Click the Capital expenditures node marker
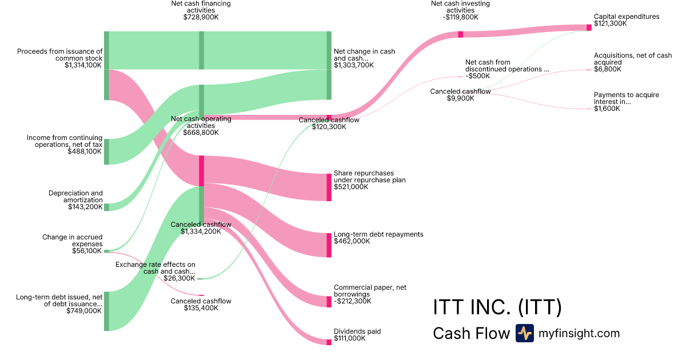pos(589,27)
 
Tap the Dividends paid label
pos(357,331)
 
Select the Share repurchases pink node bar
pos(329,187)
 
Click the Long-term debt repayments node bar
pos(329,245)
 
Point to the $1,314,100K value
pos(83,66)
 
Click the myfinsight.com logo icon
pos(524,333)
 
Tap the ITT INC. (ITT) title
pos(497,308)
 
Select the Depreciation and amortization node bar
pos(106,207)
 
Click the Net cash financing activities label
pos(201,3)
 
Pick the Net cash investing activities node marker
pos(460,34)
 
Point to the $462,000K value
pos(352,241)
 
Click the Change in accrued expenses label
pos(73,237)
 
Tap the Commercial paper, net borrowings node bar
pos(329,301)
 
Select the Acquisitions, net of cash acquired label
pos(633,59)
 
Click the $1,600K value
pos(607,109)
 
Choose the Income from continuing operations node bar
pos(106,151)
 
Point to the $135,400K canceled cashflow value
pos(201,308)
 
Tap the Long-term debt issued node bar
pos(106,311)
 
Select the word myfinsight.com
pos(579,333)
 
